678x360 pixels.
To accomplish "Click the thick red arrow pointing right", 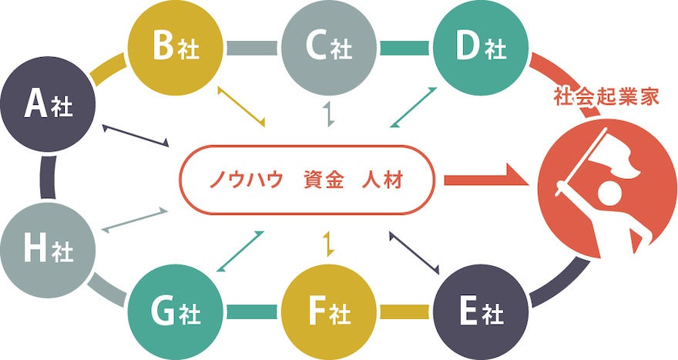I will (485, 181).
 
